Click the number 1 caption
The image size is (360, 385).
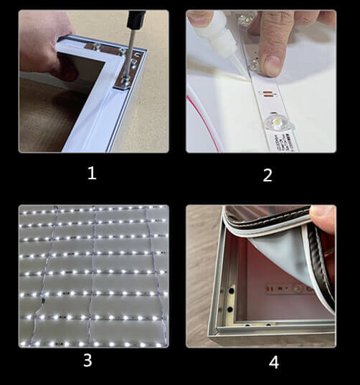pyautogui.click(x=92, y=173)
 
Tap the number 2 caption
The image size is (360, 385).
pyautogui.click(x=267, y=175)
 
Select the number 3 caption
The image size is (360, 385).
pyautogui.click(x=87, y=360)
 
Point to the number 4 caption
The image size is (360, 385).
pyautogui.click(x=274, y=362)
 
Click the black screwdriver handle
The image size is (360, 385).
pyautogui.click(x=136, y=19)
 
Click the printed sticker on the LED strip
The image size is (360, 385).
pyautogui.click(x=285, y=143)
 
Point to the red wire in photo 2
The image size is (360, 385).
pyautogui.click(x=203, y=123)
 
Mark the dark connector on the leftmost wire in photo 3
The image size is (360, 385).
pyautogui.click(x=43, y=300)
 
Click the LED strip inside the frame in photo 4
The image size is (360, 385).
pyautogui.click(x=285, y=288)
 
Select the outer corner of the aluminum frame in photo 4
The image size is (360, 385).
pyautogui.click(x=211, y=337)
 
